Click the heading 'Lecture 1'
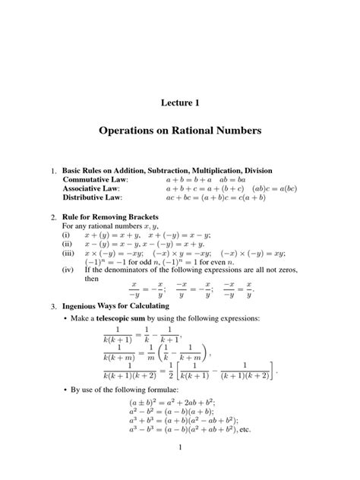click(180, 103)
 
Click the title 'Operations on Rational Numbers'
click(180, 131)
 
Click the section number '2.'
click(53, 217)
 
